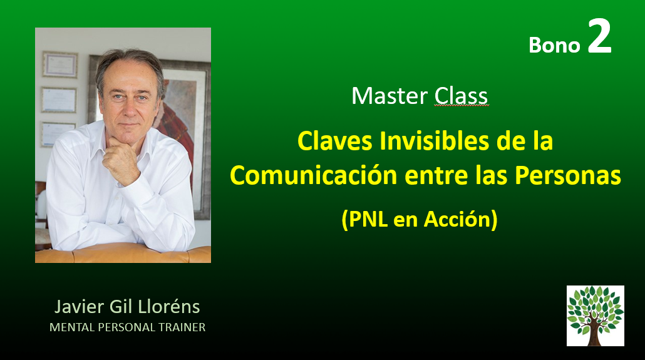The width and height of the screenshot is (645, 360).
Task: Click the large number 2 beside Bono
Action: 599,36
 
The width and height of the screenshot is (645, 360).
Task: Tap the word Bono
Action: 554,45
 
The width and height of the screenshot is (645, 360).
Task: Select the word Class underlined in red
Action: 461,96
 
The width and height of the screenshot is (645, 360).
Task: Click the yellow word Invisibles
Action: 435,141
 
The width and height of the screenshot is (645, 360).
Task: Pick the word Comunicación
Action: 314,176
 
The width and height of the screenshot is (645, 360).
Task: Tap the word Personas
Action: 568,176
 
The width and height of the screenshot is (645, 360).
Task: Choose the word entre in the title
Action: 436,176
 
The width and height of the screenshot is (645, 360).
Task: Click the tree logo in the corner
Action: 596,316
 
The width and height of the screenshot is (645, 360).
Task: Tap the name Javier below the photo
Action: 79,307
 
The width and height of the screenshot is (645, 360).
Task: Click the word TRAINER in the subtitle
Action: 182,327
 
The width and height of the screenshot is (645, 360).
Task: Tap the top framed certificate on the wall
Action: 59,64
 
